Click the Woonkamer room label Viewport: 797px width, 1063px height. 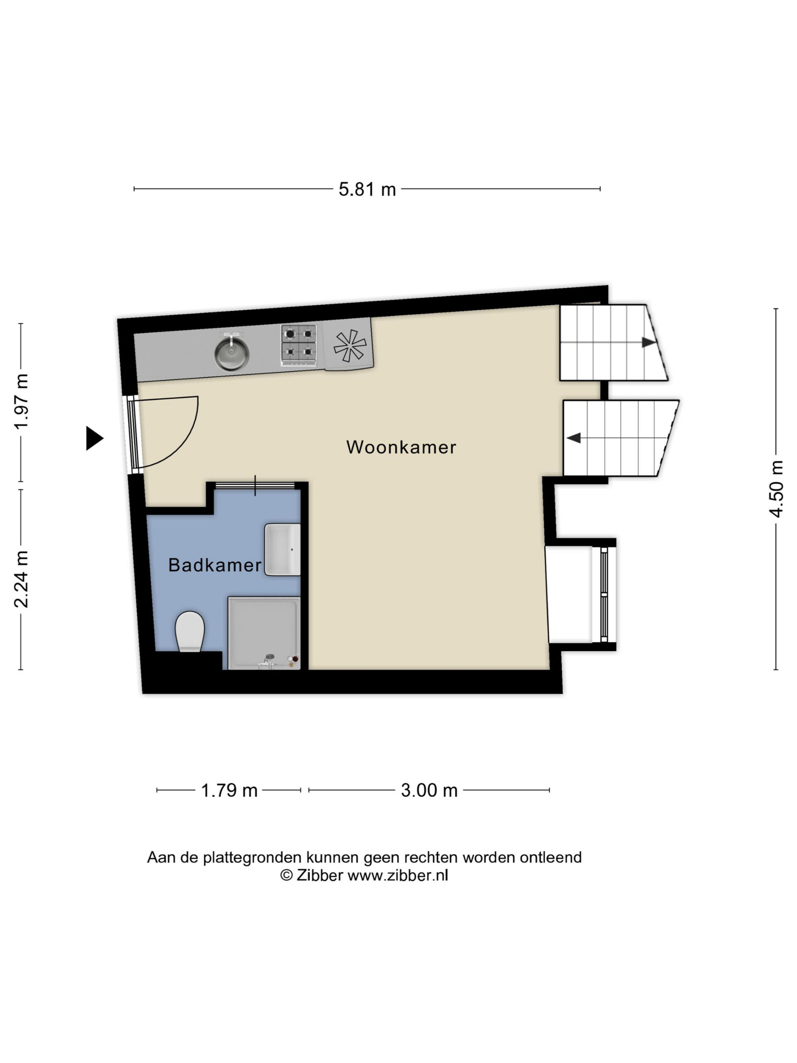pos(401,447)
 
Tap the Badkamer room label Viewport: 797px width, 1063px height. pos(214,565)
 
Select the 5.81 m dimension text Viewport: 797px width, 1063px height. pos(367,189)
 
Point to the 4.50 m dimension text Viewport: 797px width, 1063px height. pos(776,489)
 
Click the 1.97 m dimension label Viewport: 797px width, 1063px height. pos(21,401)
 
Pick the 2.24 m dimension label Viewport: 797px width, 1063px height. pos(21,579)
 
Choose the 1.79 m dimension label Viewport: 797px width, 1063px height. pos(229,791)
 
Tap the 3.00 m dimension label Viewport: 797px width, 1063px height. pos(429,791)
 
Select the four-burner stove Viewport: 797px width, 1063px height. pos(299,343)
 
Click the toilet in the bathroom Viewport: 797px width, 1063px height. pos(190,632)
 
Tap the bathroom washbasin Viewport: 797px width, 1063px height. pos(283,549)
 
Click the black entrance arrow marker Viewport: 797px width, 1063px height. pos(94,438)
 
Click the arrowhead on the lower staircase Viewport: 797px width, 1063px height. pos(574,438)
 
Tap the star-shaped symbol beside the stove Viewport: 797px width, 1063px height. pos(350,345)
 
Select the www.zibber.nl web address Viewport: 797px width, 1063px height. pos(398,876)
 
